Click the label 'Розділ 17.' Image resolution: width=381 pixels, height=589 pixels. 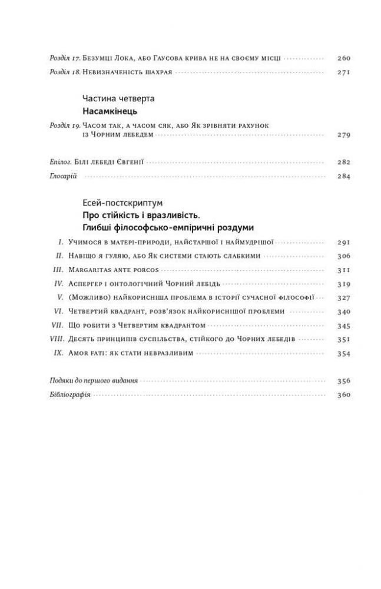64,58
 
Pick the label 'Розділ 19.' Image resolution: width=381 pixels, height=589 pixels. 64,125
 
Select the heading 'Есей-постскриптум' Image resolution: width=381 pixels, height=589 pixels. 114,203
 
